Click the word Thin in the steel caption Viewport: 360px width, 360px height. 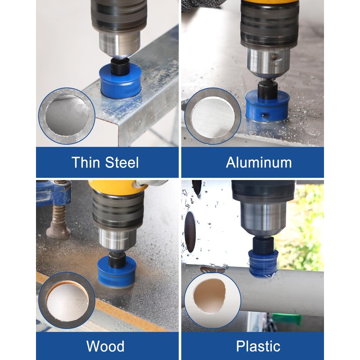[85, 162]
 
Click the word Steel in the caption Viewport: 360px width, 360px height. [122, 162]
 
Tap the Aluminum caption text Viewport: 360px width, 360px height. [259, 162]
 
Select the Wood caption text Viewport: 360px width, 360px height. [105, 346]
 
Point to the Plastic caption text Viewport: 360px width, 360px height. [258, 346]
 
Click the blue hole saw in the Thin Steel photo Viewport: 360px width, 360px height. [120, 81]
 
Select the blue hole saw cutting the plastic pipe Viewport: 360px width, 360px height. [263, 264]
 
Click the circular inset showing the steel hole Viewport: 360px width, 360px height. [67, 116]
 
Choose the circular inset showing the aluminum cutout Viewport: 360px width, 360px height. [213, 116]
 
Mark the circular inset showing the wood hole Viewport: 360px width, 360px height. [67, 301]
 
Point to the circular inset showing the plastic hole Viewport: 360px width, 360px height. [213, 301]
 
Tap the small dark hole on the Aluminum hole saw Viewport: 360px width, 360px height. [265, 115]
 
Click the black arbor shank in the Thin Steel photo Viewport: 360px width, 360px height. [120, 66]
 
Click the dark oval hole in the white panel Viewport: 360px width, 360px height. [190, 232]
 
